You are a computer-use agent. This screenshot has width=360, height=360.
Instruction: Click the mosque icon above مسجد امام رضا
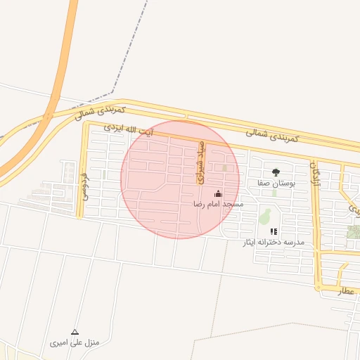point(218,193)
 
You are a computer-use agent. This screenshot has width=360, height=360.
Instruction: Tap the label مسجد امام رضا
point(218,204)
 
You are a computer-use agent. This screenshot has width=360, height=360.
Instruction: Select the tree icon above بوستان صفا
point(275,172)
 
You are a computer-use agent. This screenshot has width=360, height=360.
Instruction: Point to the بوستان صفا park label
point(275,183)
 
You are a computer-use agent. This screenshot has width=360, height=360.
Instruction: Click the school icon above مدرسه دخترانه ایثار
point(274,231)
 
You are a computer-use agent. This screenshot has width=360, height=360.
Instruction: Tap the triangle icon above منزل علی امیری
point(75,332)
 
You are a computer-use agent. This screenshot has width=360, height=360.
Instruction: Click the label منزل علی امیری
point(75,343)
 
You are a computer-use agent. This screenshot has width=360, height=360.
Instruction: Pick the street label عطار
point(345,289)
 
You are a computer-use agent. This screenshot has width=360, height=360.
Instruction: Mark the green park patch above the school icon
point(265,215)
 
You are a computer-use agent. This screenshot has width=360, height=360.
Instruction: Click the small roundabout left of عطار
point(319,287)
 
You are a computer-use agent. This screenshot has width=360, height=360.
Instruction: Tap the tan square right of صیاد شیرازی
point(225,168)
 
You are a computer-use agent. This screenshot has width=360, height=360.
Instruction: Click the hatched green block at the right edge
point(354,231)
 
